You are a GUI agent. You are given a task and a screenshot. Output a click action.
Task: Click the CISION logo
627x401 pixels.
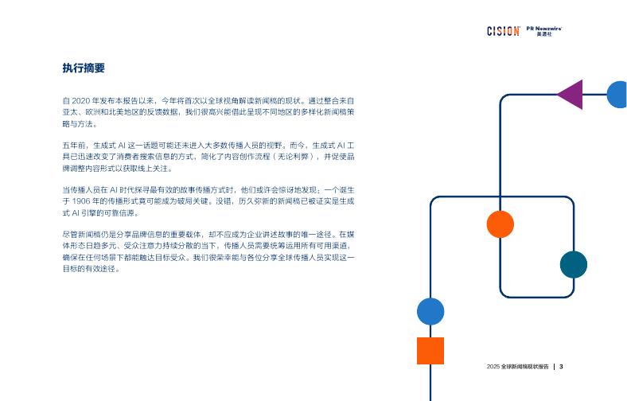coord(503,31)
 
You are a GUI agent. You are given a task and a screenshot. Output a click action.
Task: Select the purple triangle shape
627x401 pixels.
coord(572,95)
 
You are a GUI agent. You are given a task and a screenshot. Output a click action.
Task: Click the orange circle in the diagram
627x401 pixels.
coord(500,224)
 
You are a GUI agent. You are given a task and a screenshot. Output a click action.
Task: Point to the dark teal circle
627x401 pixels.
coord(573,264)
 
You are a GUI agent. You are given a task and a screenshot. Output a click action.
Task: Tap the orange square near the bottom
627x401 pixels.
coord(430,351)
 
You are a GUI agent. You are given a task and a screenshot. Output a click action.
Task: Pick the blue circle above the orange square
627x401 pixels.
coord(430,311)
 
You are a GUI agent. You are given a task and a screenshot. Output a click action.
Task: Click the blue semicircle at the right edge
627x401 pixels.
coord(618,95)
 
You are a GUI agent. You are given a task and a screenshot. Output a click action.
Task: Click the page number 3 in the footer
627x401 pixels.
coord(561,367)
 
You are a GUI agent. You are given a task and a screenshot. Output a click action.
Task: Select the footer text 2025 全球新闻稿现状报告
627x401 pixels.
coord(517,367)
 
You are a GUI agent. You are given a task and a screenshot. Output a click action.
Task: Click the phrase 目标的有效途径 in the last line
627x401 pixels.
coord(91,269)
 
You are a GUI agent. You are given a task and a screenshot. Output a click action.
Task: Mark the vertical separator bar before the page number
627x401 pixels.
coord(554,367)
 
